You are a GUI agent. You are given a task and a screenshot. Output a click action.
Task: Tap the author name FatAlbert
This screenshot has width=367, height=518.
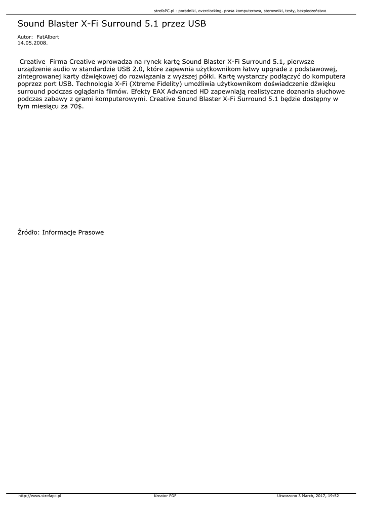coord(48,37)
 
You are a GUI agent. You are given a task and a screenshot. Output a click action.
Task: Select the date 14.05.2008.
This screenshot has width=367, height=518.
coord(32,43)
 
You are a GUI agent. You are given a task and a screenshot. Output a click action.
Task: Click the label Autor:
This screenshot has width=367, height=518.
coord(25,37)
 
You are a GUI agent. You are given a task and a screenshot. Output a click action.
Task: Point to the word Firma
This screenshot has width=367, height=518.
coord(58,61)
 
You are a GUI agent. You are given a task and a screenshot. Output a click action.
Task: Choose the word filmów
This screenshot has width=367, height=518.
coord(115,92)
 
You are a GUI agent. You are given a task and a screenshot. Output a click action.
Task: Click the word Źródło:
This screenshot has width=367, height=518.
coord(28,233)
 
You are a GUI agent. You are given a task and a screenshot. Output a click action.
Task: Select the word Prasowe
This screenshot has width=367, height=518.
coord(91,233)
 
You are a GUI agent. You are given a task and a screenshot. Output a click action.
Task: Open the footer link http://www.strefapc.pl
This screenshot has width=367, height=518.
coord(39,496)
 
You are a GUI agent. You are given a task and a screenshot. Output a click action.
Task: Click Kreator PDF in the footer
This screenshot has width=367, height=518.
coord(165,496)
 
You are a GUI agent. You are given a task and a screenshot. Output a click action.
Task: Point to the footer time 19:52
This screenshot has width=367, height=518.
coord(334,496)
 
